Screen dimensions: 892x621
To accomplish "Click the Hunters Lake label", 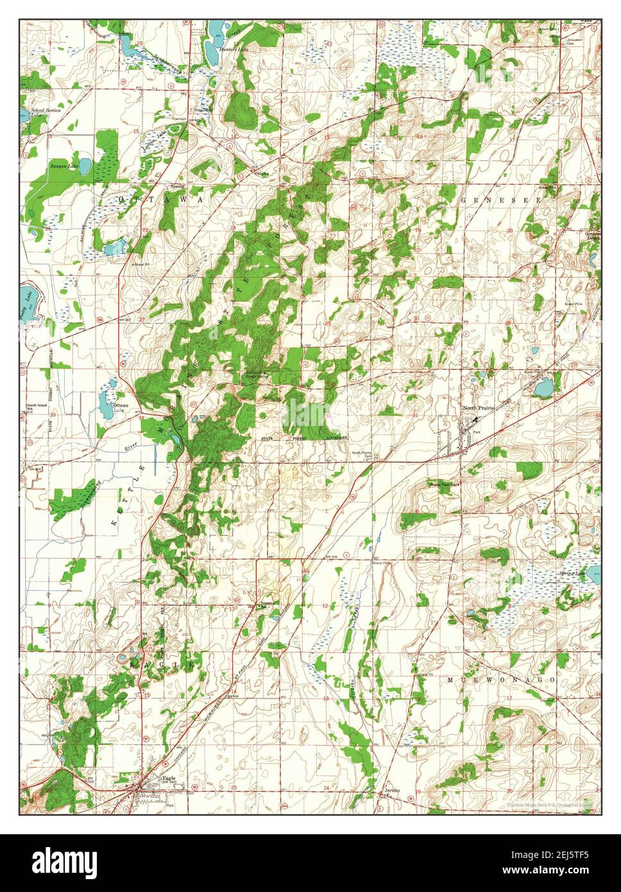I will tap(233, 49).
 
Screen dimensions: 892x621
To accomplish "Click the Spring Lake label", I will tap(572, 573).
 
